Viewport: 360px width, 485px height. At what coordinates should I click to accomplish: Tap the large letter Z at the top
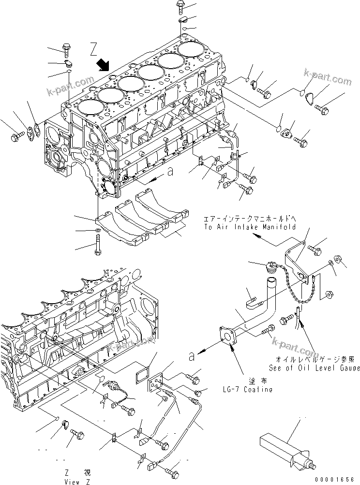[94, 49]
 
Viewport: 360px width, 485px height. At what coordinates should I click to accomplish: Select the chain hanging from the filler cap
[293, 290]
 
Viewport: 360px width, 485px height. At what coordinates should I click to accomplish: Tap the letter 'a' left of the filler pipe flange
[192, 357]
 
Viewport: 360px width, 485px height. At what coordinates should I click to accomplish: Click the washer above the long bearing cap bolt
[98, 229]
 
